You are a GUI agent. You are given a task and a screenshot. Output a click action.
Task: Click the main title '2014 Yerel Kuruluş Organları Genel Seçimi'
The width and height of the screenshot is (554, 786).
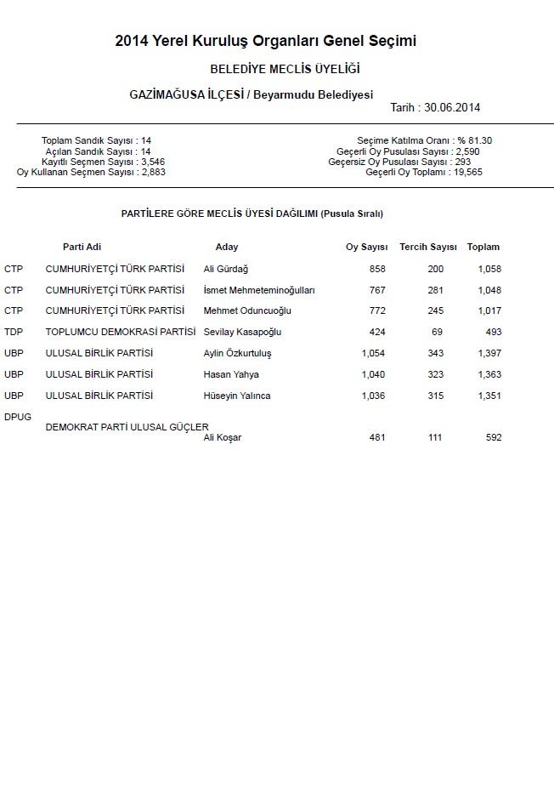click(x=266, y=41)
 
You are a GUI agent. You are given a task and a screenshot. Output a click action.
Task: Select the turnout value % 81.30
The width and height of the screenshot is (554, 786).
click(x=474, y=140)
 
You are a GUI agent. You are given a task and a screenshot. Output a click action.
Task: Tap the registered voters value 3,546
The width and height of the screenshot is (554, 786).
click(x=153, y=162)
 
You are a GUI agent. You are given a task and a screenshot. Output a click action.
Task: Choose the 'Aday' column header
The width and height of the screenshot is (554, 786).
click(x=227, y=247)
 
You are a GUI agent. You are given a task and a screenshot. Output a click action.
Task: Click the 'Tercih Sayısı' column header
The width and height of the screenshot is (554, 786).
click(x=428, y=247)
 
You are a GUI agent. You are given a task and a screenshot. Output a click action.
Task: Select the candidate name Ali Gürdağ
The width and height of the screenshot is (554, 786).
click(x=226, y=269)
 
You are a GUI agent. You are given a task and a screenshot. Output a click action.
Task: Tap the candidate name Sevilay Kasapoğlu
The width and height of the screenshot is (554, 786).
click(x=242, y=332)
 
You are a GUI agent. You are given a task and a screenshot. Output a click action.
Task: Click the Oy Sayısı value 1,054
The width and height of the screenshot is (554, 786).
click(x=374, y=353)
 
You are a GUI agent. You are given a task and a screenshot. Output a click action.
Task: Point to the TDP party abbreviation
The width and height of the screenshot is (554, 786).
click(x=14, y=332)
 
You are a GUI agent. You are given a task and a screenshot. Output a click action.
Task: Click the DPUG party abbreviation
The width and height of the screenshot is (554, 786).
click(x=17, y=416)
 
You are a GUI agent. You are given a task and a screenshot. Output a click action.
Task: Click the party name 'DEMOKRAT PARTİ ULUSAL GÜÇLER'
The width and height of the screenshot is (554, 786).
click(x=127, y=427)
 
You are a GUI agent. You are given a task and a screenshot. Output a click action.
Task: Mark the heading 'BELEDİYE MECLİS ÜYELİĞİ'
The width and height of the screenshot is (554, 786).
click(x=285, y=68)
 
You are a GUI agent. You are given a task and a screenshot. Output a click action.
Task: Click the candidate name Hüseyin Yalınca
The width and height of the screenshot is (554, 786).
click(x=237, y=396)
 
